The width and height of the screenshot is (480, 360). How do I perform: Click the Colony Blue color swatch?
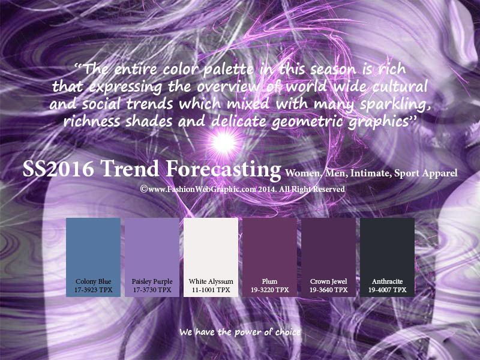point(93,257)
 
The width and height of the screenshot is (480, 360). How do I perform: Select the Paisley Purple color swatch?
point(152,257)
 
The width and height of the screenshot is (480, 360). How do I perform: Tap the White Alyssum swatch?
point(211,257)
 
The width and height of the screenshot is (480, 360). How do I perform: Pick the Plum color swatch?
point(269,257)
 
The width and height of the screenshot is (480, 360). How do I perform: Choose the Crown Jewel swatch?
point(328,257)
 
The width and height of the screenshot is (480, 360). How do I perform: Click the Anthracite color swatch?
point(387,257)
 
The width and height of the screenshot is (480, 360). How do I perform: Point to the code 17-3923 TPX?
point(94,290)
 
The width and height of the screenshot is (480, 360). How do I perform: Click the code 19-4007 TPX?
point(387,290)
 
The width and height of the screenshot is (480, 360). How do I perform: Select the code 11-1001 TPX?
point(211,290)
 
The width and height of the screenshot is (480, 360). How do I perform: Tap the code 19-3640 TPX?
point(328,290)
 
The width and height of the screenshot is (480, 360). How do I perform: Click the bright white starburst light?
point(224,142)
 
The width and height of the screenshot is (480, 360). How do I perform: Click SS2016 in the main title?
point(58,169)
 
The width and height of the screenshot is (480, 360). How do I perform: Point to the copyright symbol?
point(143,189)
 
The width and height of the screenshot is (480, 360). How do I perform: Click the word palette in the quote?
point(229,70)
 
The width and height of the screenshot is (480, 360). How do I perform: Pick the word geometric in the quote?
point(307,122)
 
